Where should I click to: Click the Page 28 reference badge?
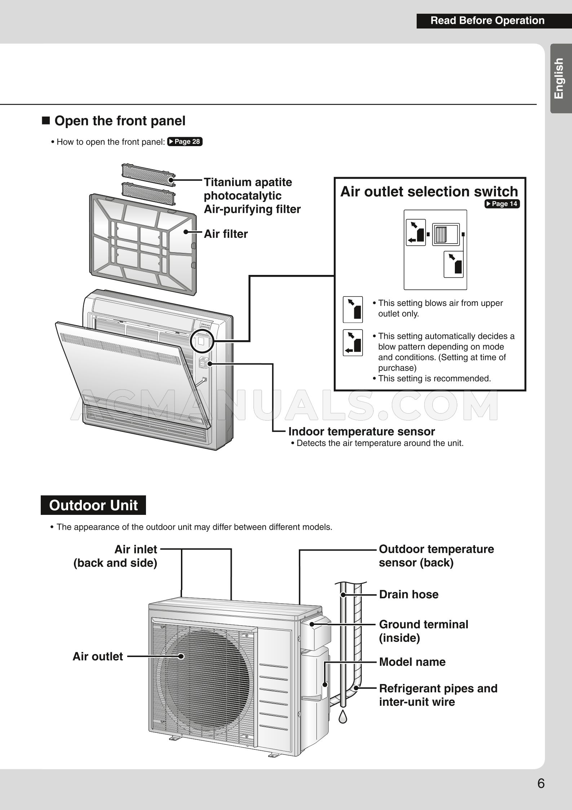(185, 141)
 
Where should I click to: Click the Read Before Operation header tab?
(487, 21)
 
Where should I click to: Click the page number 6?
(541, 783)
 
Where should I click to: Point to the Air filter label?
(226, 234)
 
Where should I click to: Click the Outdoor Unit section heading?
(93, 505)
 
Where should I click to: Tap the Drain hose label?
(409, 594)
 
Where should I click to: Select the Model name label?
(412, 662)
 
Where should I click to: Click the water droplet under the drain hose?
(343, 716)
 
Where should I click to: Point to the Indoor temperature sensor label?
(362, 432)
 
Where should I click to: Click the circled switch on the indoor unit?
(202, 341)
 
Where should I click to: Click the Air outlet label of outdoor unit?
(98, 656)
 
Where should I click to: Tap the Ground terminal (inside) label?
(423, 631)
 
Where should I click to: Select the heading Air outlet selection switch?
(429, 192)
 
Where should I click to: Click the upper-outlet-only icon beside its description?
(352, 309)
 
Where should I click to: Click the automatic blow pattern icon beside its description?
(352, 342)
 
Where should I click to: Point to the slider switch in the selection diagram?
(446, 234)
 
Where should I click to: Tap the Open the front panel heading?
(120, 121)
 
